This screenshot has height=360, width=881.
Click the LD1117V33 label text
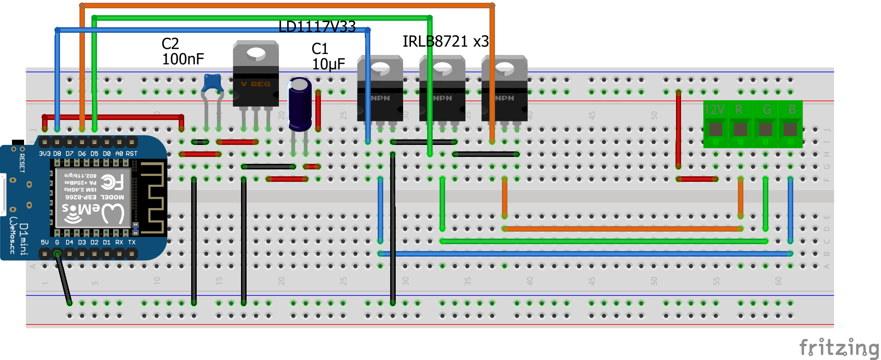point(317,27)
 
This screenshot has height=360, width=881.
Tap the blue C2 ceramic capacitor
point(212,84)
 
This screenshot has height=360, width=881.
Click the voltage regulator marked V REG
point(255,78)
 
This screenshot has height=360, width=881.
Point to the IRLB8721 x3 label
point(445,42)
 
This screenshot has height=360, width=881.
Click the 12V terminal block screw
point(715,129)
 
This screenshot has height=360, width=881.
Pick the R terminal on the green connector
point(740,129)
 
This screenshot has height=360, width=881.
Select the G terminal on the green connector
point(765,129)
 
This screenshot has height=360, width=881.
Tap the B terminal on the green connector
point(790,129)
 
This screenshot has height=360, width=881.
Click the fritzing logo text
point(838,347)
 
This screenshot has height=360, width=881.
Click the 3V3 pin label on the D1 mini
point(44,154)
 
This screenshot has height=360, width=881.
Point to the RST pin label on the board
point(132,154)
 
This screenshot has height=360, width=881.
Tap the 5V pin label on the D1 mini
point(44,242)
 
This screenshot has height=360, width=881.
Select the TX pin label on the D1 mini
point(132,242)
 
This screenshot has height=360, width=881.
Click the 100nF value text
point(183,59)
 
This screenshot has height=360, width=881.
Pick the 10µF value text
point(328,64)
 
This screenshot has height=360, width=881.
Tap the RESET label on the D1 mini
point(22,163)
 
